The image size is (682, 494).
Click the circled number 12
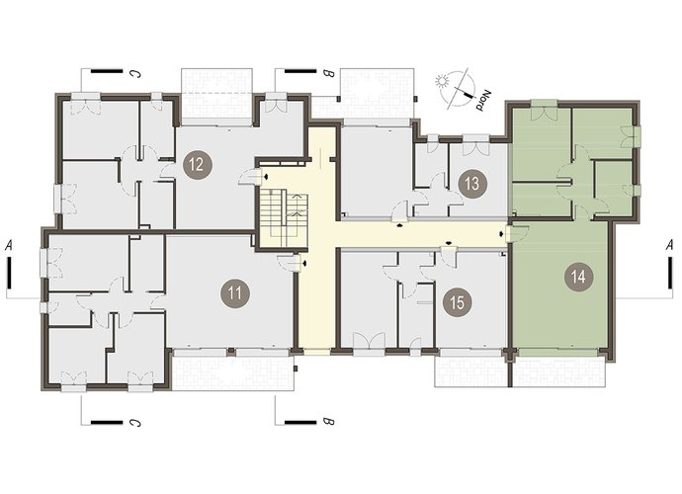197,165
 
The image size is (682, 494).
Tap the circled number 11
235,292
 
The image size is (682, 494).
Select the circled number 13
471,184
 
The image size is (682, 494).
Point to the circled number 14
578,277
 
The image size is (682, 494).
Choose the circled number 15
457,301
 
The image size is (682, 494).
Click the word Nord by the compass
484,101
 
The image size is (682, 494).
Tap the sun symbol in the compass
443,81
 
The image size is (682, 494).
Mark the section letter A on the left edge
9,246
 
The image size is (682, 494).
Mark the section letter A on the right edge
671,246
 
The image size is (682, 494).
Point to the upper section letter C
136,74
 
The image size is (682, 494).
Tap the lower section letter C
136,421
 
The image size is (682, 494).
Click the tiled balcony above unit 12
216,93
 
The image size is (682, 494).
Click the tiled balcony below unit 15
472,370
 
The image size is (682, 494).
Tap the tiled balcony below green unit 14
559,370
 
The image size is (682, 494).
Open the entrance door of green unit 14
519,232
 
